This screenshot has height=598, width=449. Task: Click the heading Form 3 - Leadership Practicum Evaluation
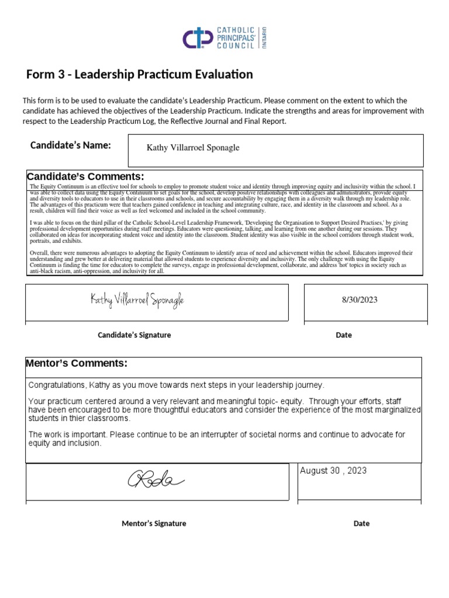point(140,75)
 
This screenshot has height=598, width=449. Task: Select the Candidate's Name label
point(70,145)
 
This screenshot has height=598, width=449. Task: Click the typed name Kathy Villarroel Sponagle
point(193,148)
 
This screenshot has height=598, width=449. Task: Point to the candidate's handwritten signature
point(137,300)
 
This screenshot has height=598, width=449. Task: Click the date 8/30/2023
point(360,300)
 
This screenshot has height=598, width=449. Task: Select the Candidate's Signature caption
point(134,335)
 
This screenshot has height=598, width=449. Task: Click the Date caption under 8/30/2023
point(344,335)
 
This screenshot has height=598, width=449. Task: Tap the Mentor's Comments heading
point(77,364)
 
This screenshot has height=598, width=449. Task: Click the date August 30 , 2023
point(333,471)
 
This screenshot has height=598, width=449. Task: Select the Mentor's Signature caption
point(154,523)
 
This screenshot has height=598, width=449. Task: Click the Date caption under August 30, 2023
point(361,523)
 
